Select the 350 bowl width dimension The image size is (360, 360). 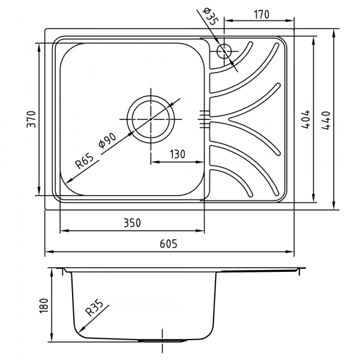(x=132, y=223)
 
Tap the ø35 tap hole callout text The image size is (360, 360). (x=210, y=16)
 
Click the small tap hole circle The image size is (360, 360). (x=224, y=51)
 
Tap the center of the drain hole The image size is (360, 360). (x=151, y=119)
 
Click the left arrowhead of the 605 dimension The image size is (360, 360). (x=49, y=251)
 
